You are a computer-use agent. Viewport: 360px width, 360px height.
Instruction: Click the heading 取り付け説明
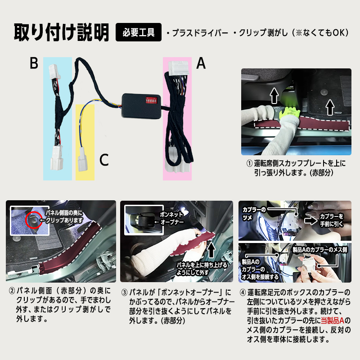pyautogui.click(x=61, y=32)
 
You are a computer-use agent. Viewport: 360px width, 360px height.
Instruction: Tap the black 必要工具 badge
pyautogui.click(x=138, y=32)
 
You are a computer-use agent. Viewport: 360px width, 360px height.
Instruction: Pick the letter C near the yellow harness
pyautogui.click(x=103, y=159)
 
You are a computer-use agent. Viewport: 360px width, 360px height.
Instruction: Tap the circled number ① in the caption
pyautogui.click(x=249, y=163)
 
